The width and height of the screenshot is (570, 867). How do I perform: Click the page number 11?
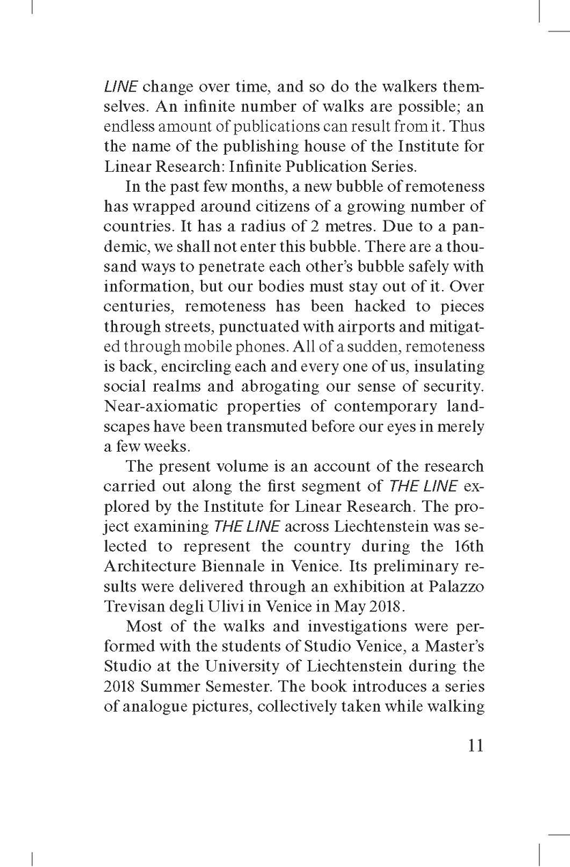coord(471,746)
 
